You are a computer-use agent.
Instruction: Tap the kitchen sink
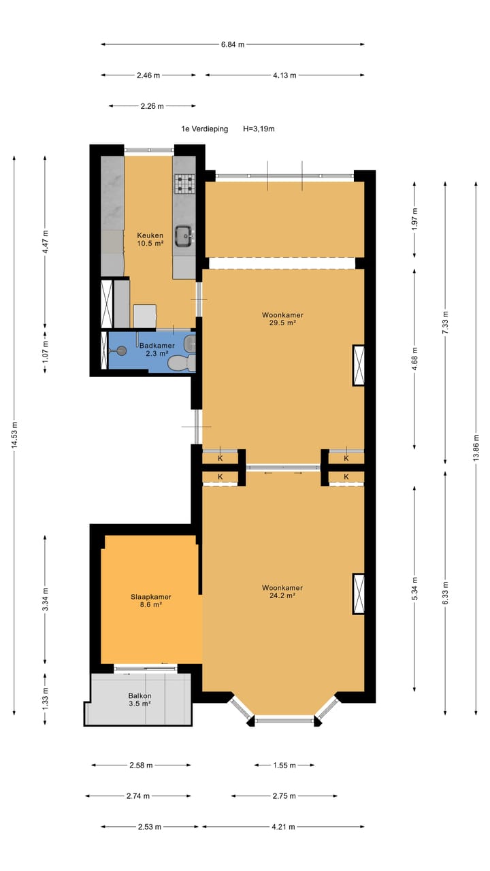[x=184, y=235]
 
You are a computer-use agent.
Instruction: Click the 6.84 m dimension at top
[x=232, y=44]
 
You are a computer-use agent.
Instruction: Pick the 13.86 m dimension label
[x=476, y=448]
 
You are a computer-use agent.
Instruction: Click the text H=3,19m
[x=259, y=129]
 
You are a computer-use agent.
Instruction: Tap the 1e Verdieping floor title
[x=204, y=129]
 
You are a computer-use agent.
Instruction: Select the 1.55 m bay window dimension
[x=284, y=766]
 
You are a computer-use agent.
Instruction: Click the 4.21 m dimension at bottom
[x=282, y=827]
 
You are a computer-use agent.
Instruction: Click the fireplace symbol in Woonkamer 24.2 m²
[x=359, y=594]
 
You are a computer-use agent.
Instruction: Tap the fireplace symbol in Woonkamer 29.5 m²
[x=359, y=365]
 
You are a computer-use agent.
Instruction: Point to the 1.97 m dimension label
[x=415, y=219]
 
